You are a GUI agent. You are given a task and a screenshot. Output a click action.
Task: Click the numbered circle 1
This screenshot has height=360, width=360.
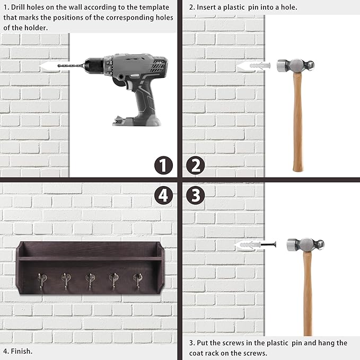tap(163, 165)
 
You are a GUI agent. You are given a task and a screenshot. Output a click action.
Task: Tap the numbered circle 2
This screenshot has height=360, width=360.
tap(196, 165)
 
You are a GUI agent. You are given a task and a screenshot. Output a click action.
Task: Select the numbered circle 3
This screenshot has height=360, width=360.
tap(196, 196)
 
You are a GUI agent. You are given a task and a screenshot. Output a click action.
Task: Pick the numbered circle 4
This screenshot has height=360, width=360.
tap(163, 196)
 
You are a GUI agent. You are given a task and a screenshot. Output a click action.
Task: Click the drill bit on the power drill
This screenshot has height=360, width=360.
tap(71, 66)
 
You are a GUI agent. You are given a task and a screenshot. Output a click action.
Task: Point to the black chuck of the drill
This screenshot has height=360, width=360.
tap(94, 66)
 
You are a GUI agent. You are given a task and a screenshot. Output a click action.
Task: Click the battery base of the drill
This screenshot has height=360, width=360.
tap(137, 120)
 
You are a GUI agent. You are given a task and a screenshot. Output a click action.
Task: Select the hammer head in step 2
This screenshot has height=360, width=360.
tap(295, 66)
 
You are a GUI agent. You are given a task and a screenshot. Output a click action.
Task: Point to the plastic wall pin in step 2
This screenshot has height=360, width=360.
tap(260, 66)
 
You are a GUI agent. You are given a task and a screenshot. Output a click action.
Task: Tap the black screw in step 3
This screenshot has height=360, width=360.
tap(268, 244)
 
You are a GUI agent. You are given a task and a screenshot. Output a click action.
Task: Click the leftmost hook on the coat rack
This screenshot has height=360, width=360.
tap(42, 281)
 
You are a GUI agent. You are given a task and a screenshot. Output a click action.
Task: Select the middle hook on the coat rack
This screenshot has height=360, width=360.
tap(90, 281)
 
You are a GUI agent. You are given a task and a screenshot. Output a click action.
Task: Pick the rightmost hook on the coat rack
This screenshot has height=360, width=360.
tap(137, 281)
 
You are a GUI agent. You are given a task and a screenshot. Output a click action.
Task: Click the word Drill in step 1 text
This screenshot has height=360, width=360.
tap(18, 7)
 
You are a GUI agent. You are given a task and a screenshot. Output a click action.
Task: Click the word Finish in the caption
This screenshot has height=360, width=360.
tap(21, 351)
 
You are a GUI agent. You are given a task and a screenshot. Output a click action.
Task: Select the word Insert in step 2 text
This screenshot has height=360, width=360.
tap(206, 7)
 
